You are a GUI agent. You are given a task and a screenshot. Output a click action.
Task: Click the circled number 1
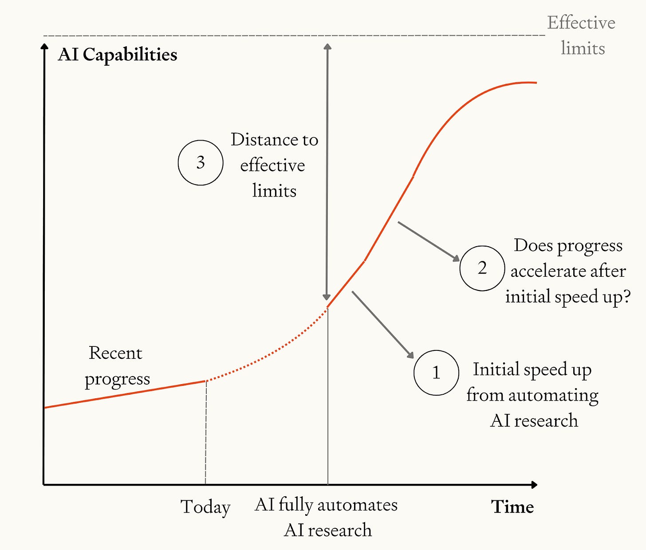click(436, 373)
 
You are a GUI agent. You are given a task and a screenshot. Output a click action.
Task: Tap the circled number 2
click(482, 268)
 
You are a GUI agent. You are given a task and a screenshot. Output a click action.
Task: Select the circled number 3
click(200, 162)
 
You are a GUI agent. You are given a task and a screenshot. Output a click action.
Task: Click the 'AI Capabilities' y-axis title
click(117, 55)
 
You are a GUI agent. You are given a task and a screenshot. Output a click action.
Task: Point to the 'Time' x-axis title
click(512, 507)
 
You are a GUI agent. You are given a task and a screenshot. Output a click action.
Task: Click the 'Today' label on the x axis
click(205, 507)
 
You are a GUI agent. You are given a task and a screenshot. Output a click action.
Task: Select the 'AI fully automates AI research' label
click(327, 517)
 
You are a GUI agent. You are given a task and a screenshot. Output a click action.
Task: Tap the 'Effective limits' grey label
click(581, 35)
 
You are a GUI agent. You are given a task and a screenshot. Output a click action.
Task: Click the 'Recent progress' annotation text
click(117, 366)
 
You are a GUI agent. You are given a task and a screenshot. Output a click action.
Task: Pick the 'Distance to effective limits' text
click(274, 165)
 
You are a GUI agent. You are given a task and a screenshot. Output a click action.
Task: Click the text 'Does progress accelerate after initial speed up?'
click(568, 271)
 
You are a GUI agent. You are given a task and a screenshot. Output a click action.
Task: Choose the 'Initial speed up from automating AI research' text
click(532, 395)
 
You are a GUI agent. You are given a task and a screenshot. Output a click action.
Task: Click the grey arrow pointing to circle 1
click(382, 324)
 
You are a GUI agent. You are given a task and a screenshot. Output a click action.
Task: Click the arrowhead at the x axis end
click(534, 485)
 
